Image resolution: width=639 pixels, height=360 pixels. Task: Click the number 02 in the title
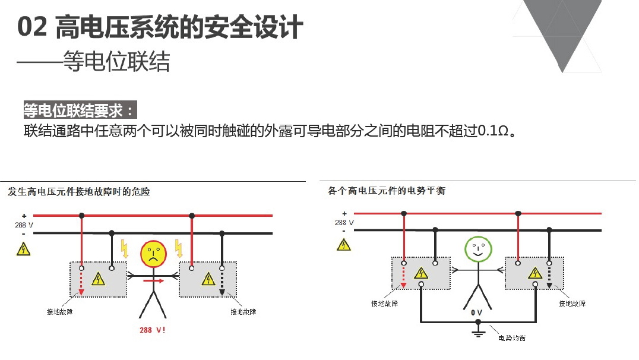point(32,27)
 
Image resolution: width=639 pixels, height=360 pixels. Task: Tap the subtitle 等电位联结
point(116,62)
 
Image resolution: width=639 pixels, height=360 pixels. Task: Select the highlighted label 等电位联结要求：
point(80,110)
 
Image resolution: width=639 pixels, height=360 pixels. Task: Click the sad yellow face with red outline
point(153,254)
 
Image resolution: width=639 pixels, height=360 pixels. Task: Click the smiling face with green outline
point(478,250)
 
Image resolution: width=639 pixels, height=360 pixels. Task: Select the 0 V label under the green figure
point(476,312)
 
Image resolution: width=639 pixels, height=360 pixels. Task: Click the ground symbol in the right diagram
point(478,330)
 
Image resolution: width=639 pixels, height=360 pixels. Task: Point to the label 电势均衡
point(512,338)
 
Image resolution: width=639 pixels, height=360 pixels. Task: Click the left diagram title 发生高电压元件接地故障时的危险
point(79,192)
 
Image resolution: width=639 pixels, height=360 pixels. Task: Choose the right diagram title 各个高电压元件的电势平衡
point(387,191)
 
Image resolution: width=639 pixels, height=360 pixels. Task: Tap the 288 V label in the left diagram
point(24,225)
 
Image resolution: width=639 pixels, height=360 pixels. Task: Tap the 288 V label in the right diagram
point(344,223)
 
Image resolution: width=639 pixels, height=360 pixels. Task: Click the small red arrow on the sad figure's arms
point(154,280)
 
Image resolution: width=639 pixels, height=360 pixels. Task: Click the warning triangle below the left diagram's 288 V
point(23,249)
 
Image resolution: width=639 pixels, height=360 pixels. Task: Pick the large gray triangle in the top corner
point(562,29)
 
